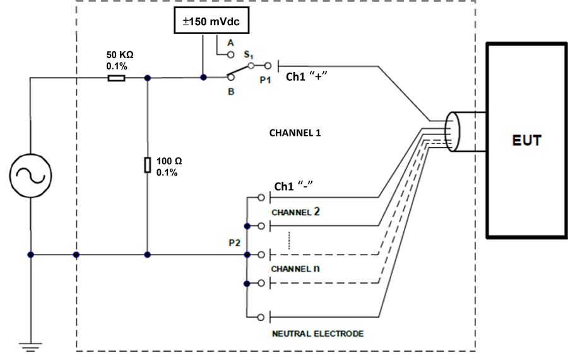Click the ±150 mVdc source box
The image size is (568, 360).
pos(211,21)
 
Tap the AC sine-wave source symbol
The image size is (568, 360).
pos(30,176)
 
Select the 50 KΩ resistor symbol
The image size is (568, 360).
pos(116,78)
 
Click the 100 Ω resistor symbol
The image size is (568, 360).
pos(148,165)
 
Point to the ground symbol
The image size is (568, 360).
pos(31,347)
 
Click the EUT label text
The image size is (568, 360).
pos(527,140)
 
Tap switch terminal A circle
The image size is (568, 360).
pos(231,55)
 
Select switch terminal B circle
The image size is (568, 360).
pos(231,77)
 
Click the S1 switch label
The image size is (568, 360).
pos(249,55)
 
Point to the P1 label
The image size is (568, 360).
pos(266,80)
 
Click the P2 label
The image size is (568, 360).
pos(234,243)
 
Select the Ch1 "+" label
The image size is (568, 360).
pos(307,76)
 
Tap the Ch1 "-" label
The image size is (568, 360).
pos(293,186)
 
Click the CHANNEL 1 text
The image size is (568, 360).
pos(295,133)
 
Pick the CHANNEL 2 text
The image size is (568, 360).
pos(295,212)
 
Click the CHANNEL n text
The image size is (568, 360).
pos(295,268)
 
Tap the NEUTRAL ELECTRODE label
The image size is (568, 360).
pos(317,333)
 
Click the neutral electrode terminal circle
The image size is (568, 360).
pos(261,318)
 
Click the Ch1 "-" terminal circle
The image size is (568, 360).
pos(261,198)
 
